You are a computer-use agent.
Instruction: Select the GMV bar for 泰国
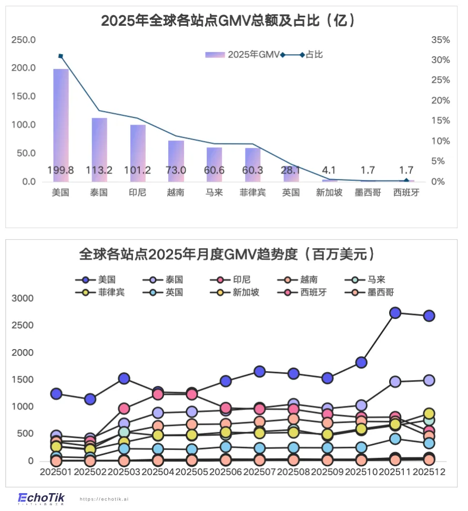99,149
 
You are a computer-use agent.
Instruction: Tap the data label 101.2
138,170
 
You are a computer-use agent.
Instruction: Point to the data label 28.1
291,170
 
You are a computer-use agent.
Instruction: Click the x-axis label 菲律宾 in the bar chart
252,192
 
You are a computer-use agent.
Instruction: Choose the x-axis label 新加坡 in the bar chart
329,192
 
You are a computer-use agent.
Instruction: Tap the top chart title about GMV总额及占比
228,21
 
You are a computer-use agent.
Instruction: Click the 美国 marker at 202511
395,313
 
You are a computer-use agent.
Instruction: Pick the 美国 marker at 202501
56,394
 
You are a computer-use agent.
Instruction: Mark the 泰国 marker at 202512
429,380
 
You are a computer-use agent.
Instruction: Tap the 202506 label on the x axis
226,472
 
